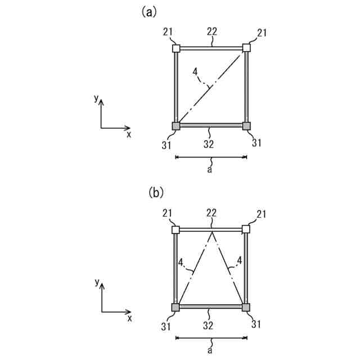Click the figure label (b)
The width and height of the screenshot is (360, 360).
(x=155, y=193)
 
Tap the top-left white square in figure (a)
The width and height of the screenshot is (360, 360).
(x=176, y=48)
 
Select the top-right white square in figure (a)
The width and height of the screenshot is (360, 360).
(x=246, y=48)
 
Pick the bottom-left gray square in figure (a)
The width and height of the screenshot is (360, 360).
(x=176, y=126)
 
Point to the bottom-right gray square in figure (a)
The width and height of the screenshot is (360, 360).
(x=246, y=126)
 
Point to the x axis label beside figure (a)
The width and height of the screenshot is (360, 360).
(x=129, y=134)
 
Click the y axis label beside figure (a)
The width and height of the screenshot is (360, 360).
(x=97, y=98)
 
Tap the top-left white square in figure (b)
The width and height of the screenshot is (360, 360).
(x=176, y=229)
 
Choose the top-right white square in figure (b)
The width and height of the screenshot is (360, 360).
(x=246, y=229)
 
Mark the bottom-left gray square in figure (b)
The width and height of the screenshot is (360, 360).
(x=176, y=307)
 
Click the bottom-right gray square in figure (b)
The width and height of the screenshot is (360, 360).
(x=246, y=307)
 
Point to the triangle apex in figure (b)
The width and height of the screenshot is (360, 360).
(x=211, y=231)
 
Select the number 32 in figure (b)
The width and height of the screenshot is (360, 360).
(x=209, y=325)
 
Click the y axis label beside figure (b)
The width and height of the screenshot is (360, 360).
(x=97, y=281)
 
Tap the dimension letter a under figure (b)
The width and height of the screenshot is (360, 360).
(x=209, y=350)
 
